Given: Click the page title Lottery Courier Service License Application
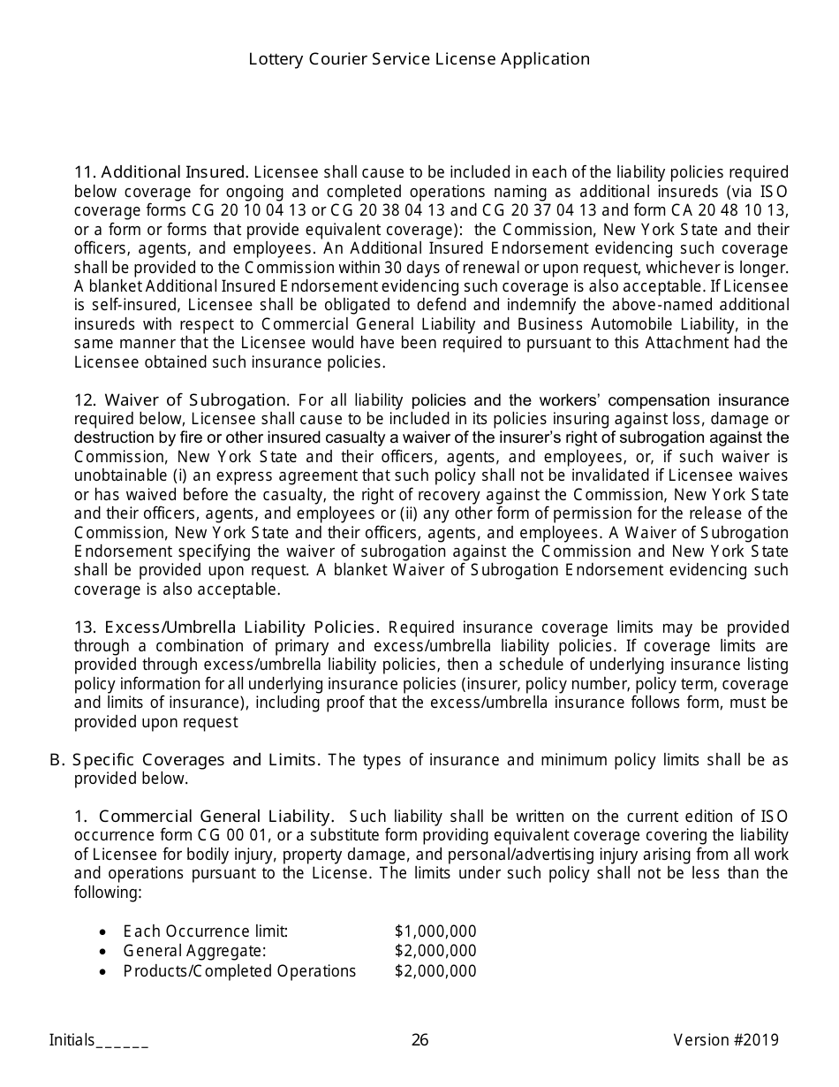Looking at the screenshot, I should point(419,59).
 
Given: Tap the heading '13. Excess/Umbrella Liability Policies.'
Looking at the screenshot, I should point(227,627).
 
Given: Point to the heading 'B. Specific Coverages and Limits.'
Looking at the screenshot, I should point(186,760).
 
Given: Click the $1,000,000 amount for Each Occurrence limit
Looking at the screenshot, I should point(435,931).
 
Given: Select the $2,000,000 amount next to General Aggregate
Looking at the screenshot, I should point(435,951).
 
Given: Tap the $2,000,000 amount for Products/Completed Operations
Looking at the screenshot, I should point(435,971).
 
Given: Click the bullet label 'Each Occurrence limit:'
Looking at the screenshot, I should point(206,931).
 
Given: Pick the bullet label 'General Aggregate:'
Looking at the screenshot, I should point(194,951).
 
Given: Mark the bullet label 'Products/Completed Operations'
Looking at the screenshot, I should point(239,971).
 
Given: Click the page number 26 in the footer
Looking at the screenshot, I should point(419,1040).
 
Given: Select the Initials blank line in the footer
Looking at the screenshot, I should point(122,1041).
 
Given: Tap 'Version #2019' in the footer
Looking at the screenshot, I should point(726,1040).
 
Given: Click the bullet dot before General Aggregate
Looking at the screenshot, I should point(104,952).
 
